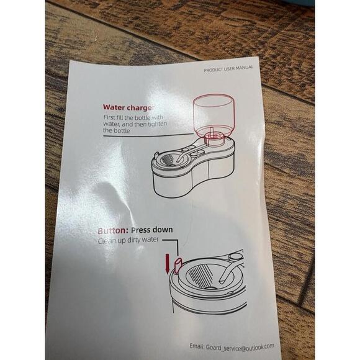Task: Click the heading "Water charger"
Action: click(128, 107)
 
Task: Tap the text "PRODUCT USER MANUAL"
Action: click(228, 69)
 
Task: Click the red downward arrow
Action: click(168, 263)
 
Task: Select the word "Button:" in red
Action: click(113, 230)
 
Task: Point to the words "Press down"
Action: click(152, 230)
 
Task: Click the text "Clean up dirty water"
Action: click(128, 240)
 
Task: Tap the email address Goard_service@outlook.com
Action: click(240, 347)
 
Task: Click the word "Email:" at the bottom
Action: click(197, 346)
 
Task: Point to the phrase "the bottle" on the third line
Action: click(117, 130)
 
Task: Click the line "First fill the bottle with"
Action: click(133, 117)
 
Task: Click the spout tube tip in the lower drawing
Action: click(223, 279)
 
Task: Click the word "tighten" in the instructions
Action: click(158, 124)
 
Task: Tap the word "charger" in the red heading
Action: click(141, 107)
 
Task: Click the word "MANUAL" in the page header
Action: click(245, 68)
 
